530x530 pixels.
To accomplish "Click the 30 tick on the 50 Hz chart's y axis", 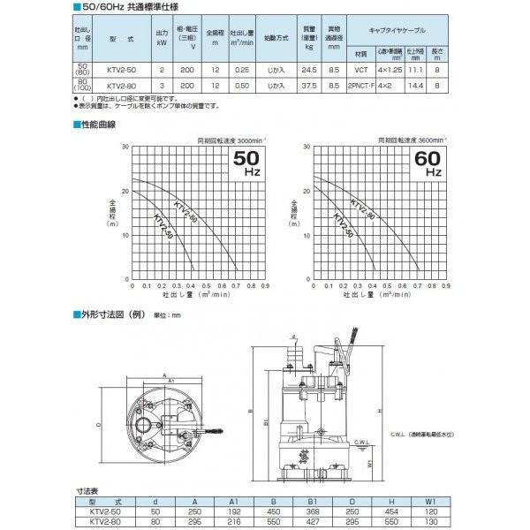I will (x=125, y=147).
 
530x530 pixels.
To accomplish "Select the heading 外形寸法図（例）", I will (x=113, y=314).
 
